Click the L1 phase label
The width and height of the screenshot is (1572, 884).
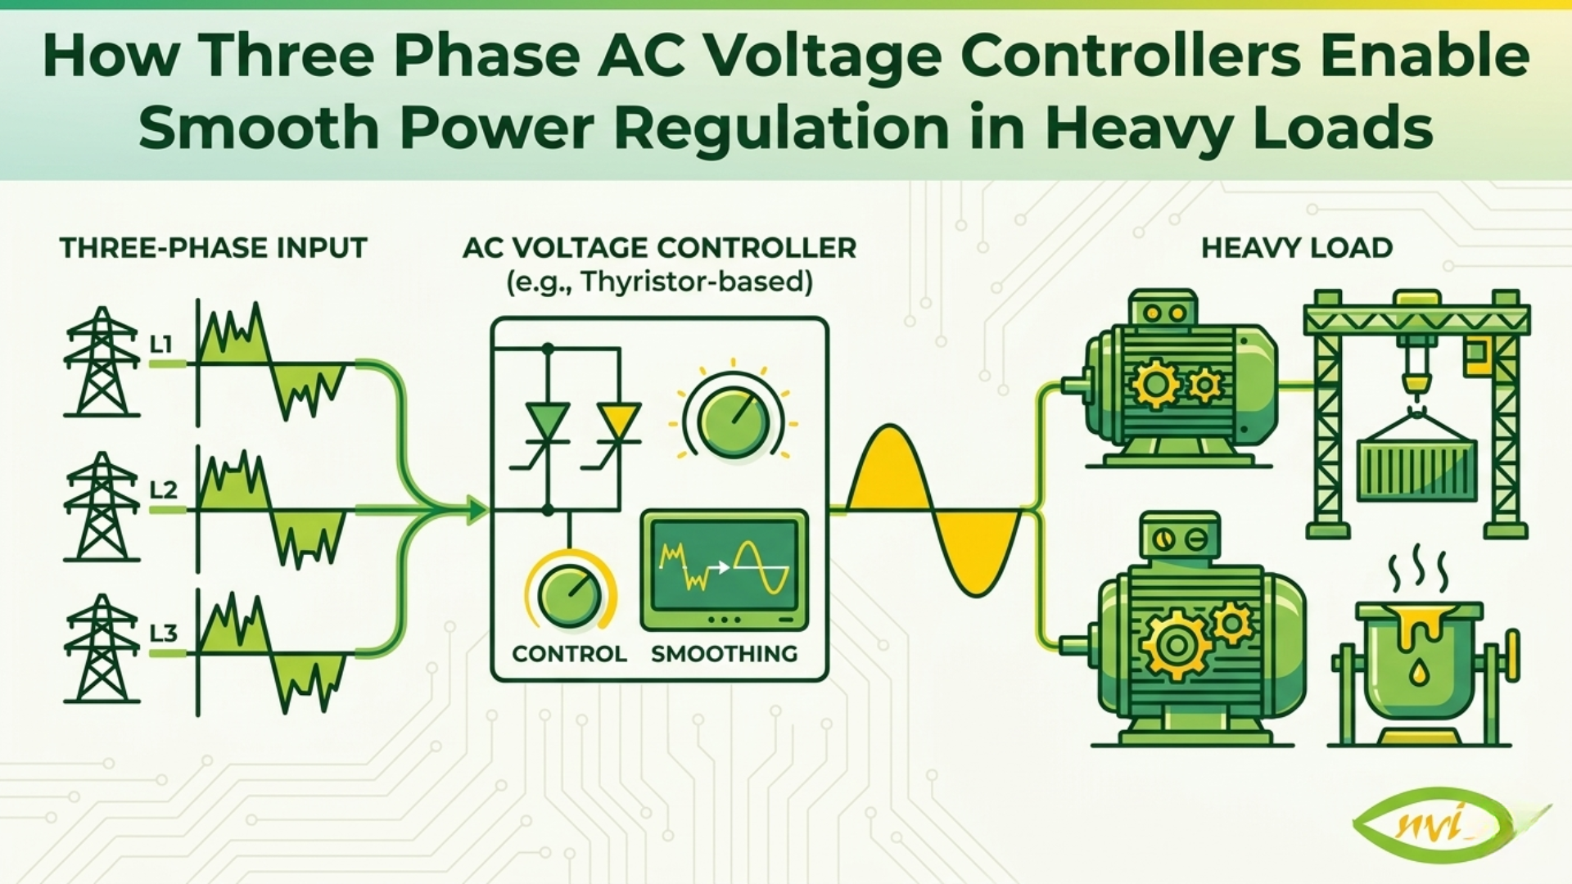pos(161,345)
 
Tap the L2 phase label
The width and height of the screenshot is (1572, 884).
pos(164,490)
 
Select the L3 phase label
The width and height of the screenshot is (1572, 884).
pos(164,634)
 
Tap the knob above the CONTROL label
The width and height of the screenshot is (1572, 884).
pos(569,595)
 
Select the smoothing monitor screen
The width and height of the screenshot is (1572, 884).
pos(724,568)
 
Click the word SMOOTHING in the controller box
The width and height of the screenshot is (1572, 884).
pos(724,654)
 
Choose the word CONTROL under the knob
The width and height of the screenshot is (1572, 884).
pos(569,654)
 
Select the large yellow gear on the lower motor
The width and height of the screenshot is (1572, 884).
pos(1177,645)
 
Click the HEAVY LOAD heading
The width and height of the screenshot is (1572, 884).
pos(1296,248)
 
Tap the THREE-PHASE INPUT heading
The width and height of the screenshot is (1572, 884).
pos(213,248)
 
